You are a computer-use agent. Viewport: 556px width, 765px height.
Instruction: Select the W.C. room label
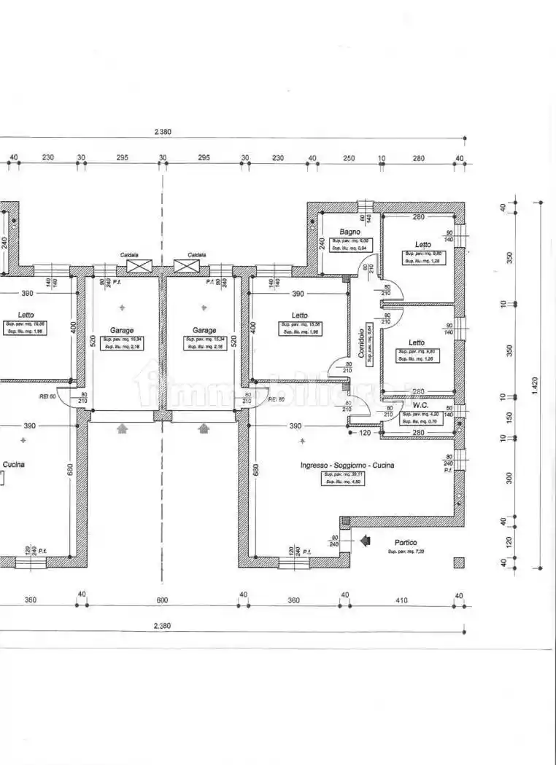coord(420,404)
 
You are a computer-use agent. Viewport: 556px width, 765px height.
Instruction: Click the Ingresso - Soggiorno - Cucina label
coord(347,465)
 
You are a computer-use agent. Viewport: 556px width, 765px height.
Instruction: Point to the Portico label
coord(406,542)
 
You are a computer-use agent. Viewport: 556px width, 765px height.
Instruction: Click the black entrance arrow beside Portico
coord(366,541)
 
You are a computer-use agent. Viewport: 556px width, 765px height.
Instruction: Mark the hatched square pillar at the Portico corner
coord(458,562)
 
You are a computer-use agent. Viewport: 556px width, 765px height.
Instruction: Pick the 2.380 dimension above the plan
coord(163,132)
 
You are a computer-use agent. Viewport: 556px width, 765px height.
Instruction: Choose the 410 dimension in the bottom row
coord(401,600)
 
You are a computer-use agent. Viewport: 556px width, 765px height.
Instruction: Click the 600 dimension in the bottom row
coord(162,600)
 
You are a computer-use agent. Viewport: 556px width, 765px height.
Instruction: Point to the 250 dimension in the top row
coord(349,158)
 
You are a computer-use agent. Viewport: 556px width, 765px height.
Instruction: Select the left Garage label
coord(122,330)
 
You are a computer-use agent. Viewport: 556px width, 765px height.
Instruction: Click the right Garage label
coord(204,330)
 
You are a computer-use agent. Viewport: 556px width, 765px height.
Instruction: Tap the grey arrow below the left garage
coord(122,429)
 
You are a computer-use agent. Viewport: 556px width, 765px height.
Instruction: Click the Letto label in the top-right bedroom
coord(423,245)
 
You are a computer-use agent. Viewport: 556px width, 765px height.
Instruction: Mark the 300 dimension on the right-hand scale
coord(508,477)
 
